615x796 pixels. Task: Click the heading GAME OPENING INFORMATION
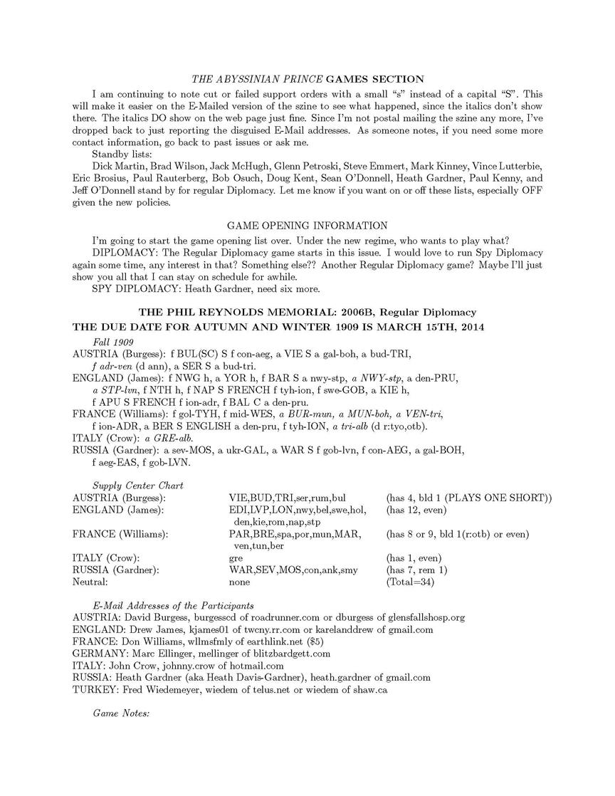point(307,226)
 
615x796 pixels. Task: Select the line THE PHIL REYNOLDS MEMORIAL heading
point(307,312)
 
